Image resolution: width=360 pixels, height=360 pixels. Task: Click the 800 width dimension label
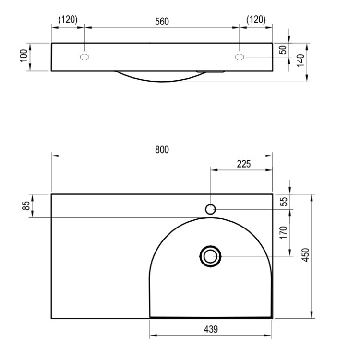pos(162,149)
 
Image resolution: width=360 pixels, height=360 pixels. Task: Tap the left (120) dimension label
pos(68,20)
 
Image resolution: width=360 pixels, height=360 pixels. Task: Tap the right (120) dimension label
pos(256,20)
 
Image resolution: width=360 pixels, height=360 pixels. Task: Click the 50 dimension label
pos(283,50)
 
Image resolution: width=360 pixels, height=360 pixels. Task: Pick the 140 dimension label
pos(300,61)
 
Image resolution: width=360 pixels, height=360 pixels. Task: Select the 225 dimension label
pos(243,164)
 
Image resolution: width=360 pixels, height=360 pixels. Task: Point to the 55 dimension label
pos(283,202)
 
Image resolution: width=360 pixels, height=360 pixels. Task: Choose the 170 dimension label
pos(283,233)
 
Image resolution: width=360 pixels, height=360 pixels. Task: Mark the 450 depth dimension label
pos(305,256)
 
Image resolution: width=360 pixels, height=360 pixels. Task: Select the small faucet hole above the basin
pos(210,209)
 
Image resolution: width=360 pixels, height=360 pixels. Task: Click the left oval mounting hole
pos(84,57)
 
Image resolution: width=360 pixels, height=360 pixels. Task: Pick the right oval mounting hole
pos(240,57)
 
